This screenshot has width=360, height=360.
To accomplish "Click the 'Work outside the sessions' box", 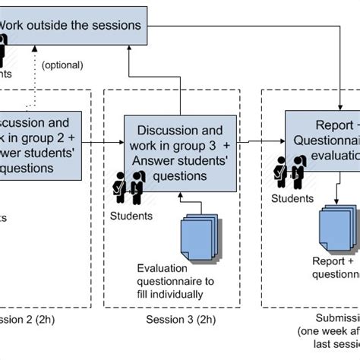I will point(72,25).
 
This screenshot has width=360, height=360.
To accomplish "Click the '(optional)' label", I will point(62,66).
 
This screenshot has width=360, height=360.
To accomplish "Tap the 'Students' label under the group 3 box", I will point(130,216).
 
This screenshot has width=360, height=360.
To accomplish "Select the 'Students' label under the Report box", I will point(292,199).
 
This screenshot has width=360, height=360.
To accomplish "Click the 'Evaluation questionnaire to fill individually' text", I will point(175,281).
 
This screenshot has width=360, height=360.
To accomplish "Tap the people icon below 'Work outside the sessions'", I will point(4,53).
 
